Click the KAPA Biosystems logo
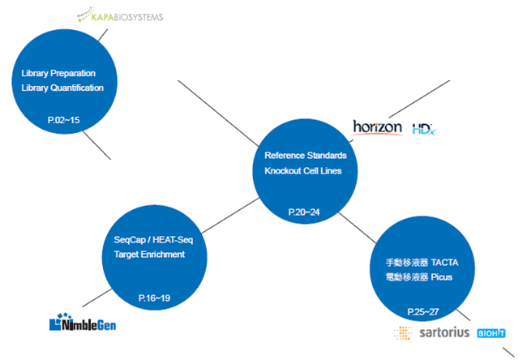click(x=120, y=15)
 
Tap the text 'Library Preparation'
click(x=58, y=74)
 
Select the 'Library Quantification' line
click(x=62, y=88)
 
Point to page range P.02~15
click(x=64, y=120)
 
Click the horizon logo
click(x=378, y=128)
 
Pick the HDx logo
click(x=424, y=129)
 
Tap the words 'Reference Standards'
click(x=306, y=156)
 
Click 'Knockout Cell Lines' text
click(x=303, y=171)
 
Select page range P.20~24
click(x=304, y=212)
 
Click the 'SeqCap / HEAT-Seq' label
click(x=153, y=240)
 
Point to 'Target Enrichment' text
click(x=149, y=255)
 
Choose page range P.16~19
click(x=154, y=298)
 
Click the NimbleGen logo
click(x=83, y=322)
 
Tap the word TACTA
click(x=444, y=263)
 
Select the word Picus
click(x=442, y=277)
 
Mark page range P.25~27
click(x=423, y=312)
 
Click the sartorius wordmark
click(x=444, y=332)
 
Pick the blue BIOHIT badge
click(x=491, y=333)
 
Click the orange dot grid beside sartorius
click(x=403, y=332)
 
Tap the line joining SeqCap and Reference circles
click(x=230, y=215)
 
